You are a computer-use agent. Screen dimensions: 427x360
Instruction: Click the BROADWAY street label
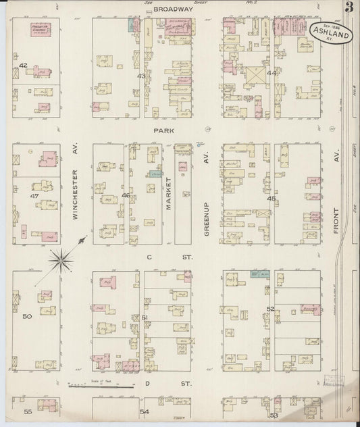pos(172,9)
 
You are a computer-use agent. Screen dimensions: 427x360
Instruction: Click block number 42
pos(23,66)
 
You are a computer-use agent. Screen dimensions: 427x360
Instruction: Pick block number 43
pos(141,76)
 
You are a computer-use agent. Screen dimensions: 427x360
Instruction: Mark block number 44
pos(272,72)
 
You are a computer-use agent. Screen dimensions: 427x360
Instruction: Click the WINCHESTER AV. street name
pos(75,195)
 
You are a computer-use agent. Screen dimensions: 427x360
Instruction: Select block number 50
pos(27,316)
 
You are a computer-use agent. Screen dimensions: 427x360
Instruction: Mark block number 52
pos(269,309)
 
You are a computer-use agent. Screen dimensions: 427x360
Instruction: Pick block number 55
pos(28,411)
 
